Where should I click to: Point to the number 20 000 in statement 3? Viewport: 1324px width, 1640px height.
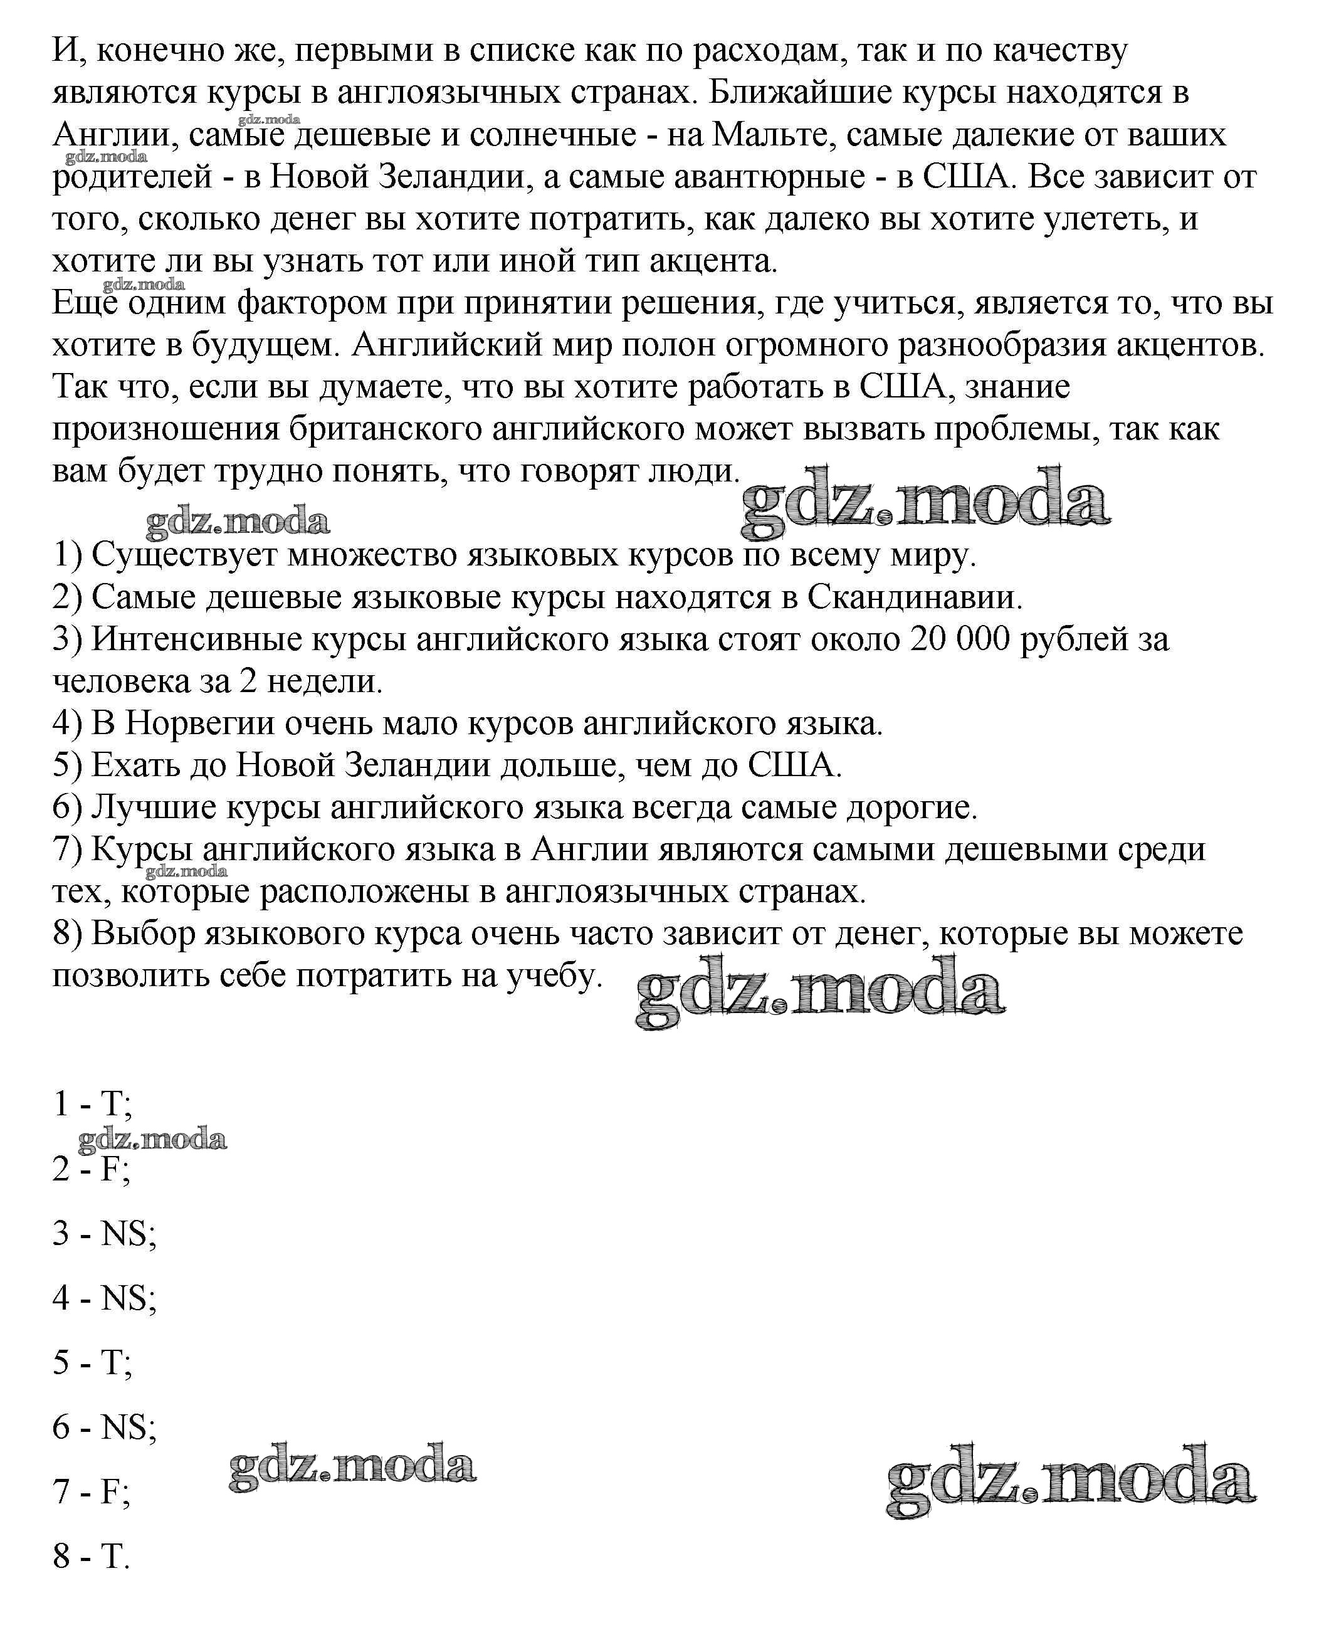click(960, 639)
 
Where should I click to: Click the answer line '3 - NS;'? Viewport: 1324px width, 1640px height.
click(105, 1233)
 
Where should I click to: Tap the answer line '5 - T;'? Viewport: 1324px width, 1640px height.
click(92, 1362)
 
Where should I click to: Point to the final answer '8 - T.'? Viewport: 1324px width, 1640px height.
click(92, 1556)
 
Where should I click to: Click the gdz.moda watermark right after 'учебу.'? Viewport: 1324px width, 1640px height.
click(820, 993)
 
